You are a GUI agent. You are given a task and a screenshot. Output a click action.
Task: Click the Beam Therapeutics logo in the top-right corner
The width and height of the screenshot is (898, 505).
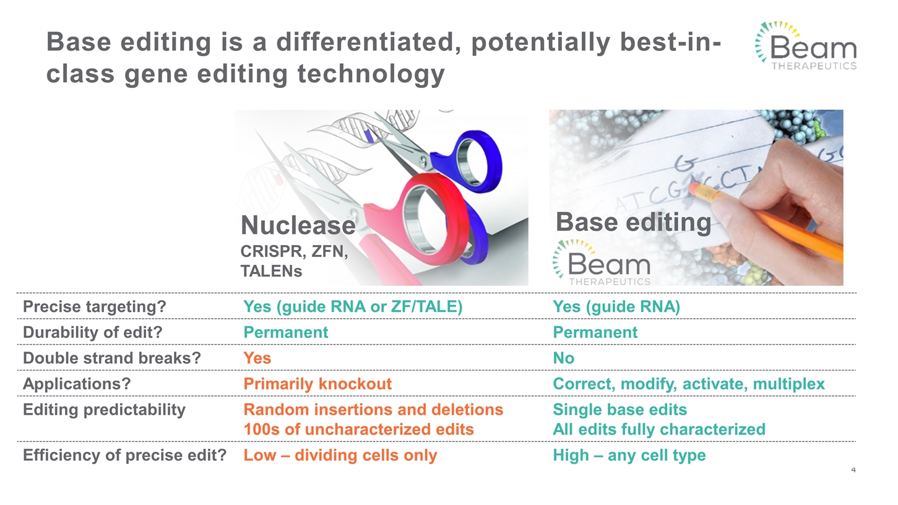tap(805, 46)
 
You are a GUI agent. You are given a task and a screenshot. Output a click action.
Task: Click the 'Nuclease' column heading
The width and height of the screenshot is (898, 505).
tap(298, 225)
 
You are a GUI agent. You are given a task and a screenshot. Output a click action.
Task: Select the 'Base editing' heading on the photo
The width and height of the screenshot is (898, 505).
tap(632, 222)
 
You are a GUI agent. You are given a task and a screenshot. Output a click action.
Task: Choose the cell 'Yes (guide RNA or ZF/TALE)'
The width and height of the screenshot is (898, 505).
tap(353, 307)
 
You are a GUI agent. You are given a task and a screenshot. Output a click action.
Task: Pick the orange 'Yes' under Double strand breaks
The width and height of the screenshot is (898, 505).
tap(257, 358)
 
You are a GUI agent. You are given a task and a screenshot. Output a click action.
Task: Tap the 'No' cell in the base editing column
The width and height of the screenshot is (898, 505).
tap(563, 358)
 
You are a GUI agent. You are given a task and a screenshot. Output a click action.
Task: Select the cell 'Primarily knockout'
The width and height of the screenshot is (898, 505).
tap(317, 384)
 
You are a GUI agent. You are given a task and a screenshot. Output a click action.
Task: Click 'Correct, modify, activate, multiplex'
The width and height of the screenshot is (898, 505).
tap(688, 384)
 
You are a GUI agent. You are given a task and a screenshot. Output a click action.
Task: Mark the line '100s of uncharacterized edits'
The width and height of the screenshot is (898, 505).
tap(358, 429)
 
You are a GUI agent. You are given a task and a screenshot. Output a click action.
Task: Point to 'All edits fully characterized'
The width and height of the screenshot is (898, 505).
tap(658, 429)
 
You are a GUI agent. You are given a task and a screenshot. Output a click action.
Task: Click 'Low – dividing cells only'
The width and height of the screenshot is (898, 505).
tap(340, 456)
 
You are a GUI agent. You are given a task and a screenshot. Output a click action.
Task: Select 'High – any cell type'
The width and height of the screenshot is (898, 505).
tap(629, 456)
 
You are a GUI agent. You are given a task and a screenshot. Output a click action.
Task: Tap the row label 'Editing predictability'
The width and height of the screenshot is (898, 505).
tap(104, 410)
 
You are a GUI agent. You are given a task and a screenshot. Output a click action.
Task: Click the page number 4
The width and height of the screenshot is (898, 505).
tap(853, 471)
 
